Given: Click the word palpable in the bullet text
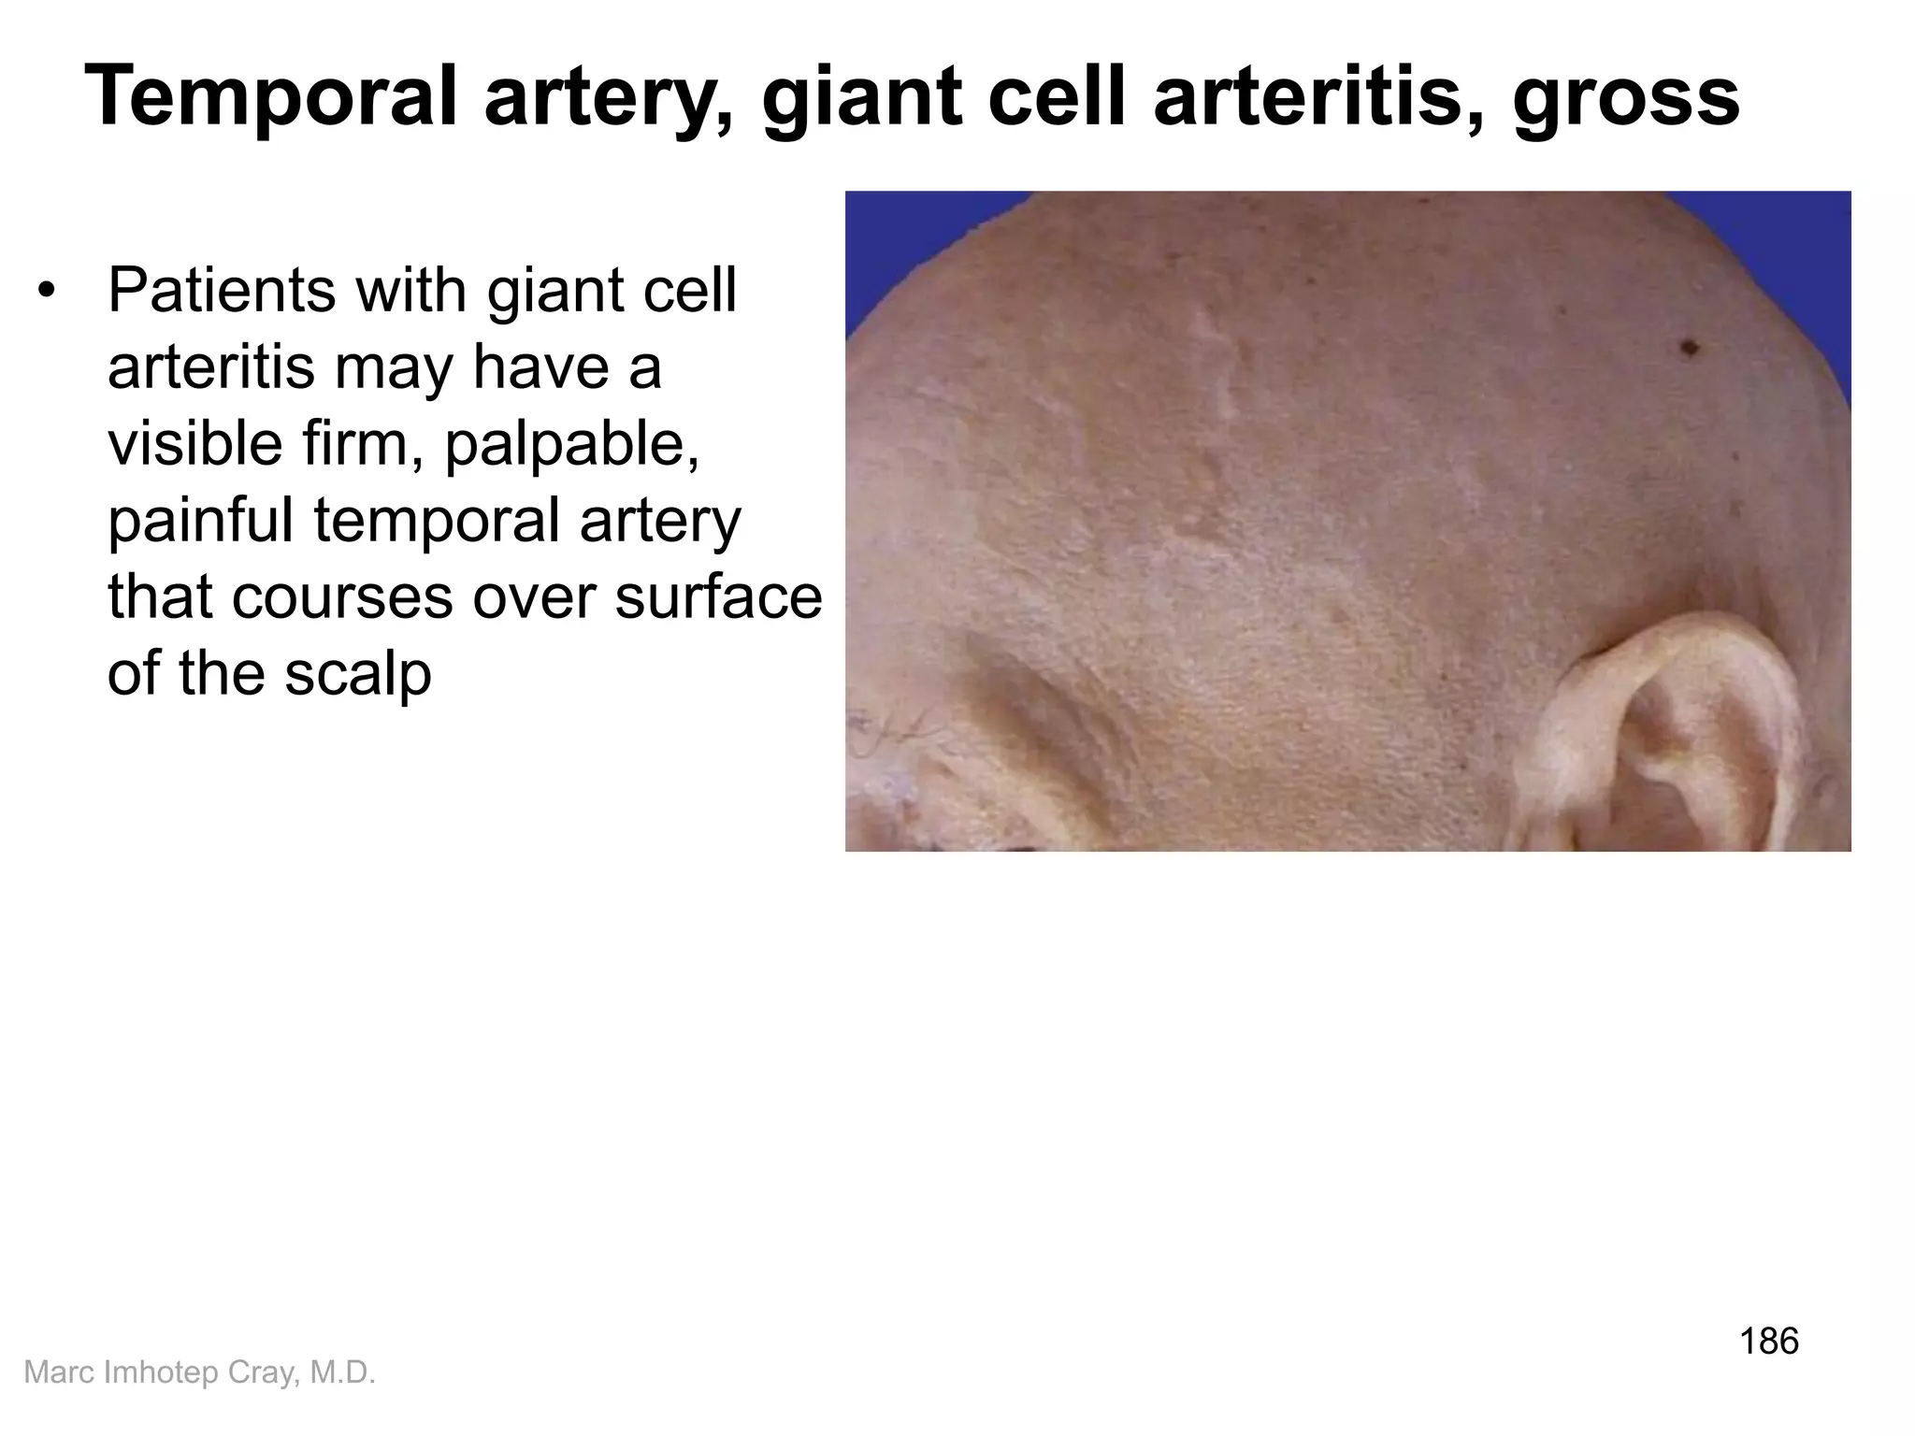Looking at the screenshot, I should (571, 445).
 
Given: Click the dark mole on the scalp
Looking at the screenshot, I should (1689, 348).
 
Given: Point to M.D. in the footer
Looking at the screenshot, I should (342, 1372).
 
